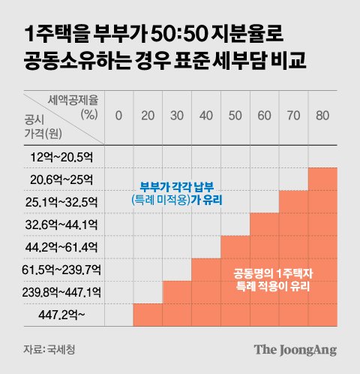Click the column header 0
(x=118, y=116)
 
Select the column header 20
(x=148, y=116)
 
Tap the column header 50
(x=235, y=116)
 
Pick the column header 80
(x=322, y=116)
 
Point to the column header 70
(x=293, y=116)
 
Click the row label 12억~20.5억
(x=61, y=157)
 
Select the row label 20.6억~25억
(x=61, y=179)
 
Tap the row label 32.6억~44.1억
(x=61, y=225)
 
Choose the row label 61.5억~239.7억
(x=61, y=270)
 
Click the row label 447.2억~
(x=61, y=315)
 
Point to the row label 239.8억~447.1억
(x=61, y=292)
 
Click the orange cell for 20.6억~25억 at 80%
(x=322, y=179)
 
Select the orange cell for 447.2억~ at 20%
(x=148, y=315)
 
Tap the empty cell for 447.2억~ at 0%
(x=118, y=315)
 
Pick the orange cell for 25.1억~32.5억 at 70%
(x=293, y=202)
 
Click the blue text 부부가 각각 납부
(x=177, y=187)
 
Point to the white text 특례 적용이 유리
(x=273, y=286)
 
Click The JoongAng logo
(x=295, y=350)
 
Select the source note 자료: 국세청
(x=49, y=349)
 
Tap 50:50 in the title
(x=178, y=34)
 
